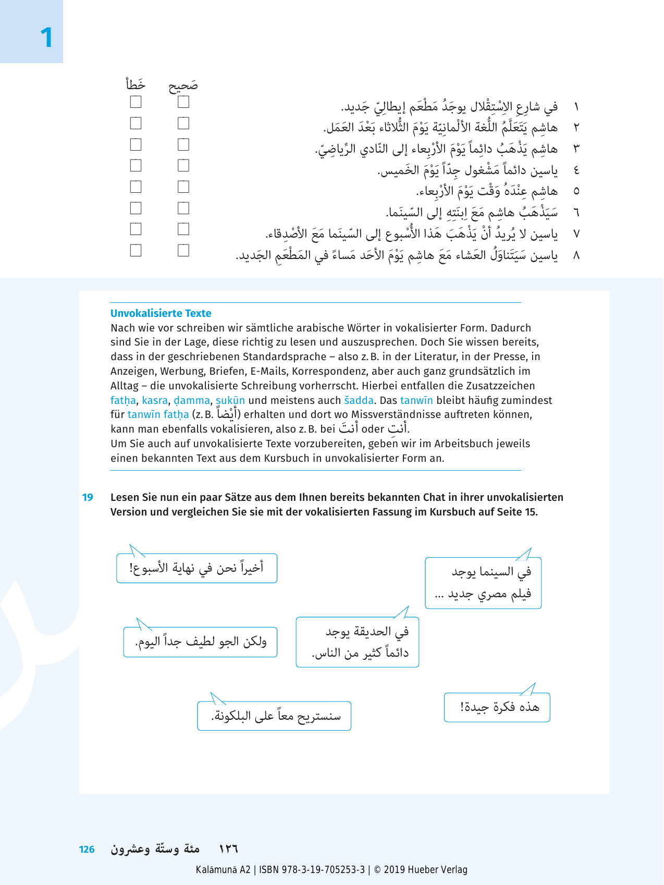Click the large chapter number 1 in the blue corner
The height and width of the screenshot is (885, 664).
coord(46,38)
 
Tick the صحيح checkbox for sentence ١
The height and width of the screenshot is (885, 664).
coord(183,102)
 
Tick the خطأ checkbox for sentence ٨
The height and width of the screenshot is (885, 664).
coord(136,250)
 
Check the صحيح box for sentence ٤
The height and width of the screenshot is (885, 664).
coord(183,165)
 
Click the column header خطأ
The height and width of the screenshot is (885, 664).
coord(136,84)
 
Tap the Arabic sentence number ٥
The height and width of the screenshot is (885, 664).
coord(576,191)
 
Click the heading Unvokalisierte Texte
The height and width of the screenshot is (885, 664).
coord(161,313)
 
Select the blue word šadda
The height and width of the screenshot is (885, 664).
coord(359,400)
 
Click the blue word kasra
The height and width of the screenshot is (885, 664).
coord(154,400)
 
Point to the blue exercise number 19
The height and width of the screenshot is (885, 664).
coord(88,497)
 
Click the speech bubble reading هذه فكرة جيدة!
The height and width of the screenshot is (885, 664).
coord(497,707)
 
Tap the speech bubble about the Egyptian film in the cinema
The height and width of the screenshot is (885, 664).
coord(483,583)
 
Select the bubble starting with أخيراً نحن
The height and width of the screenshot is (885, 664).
coord(196,568)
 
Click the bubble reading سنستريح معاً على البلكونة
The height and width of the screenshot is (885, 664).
coord(274,716)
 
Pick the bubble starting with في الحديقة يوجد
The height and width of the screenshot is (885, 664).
coord(358,642)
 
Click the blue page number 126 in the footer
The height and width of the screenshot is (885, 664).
coord(87,850)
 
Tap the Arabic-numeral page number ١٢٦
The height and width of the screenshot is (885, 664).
coord(228,849)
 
